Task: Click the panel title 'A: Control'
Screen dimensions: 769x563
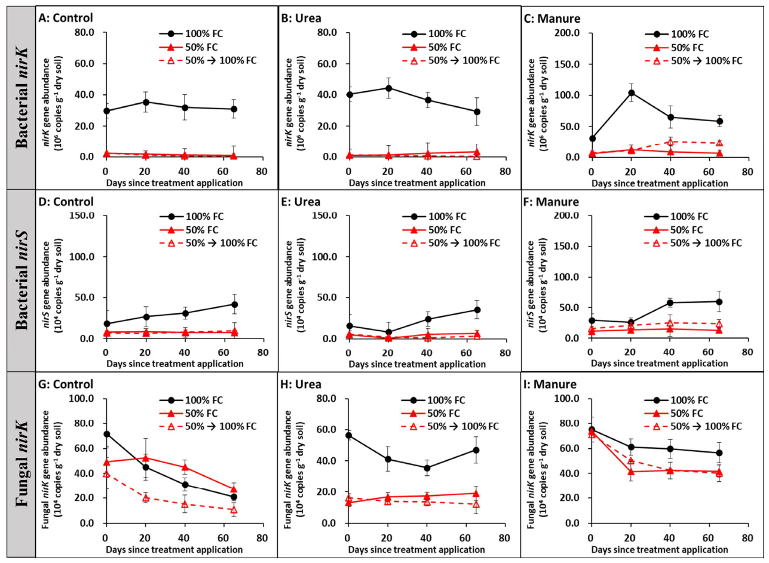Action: click(x=66, y=18)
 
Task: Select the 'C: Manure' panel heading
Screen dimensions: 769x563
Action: click(x=552, y=19)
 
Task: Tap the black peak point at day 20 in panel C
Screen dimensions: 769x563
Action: click(x=630, y=93)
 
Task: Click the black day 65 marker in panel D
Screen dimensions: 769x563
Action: click(x=234, y=304)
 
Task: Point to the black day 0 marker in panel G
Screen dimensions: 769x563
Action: click(x=107, y=435)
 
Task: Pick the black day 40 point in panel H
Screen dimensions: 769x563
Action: click(x=427, y=468)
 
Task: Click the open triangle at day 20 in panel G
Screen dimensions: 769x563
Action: click(x=146, y=498)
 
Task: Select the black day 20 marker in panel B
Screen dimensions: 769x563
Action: click(x=388, y=88)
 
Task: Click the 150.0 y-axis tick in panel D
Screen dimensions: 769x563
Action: click(x=82, y=216)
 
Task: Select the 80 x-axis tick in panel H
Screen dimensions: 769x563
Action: click(x=504, y=537)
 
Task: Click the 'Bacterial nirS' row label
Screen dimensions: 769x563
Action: click(x=22, y=280)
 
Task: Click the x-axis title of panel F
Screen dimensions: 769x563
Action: click(x=660, y=364)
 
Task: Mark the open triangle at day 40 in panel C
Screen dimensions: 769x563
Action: click(x=670, y=141)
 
